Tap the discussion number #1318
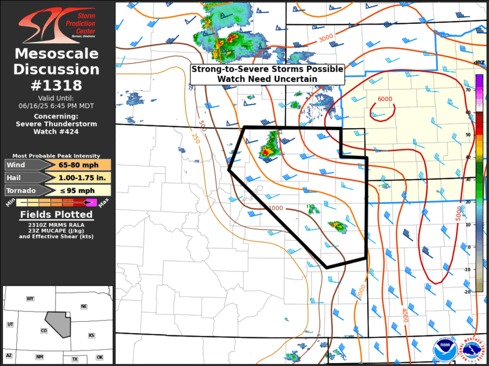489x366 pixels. [57, 85]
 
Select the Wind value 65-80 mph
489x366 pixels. [83, 165]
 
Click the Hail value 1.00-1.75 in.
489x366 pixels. [83, 178]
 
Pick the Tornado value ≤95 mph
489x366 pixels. [83, 190]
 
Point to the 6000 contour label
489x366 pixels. [385, 99]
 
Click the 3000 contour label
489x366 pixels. [326, 38]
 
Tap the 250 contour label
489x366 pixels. [196, 139]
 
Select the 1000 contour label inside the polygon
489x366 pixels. [275, 208]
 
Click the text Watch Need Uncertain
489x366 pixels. [268, 78]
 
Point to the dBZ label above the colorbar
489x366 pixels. [479, 63]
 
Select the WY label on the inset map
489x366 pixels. [29, 298]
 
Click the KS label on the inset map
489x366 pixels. [91, 335]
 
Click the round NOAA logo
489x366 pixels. [443, 349]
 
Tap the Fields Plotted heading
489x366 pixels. [57, 214]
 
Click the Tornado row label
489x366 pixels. [20, 190]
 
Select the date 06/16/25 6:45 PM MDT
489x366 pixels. [57, 105]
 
